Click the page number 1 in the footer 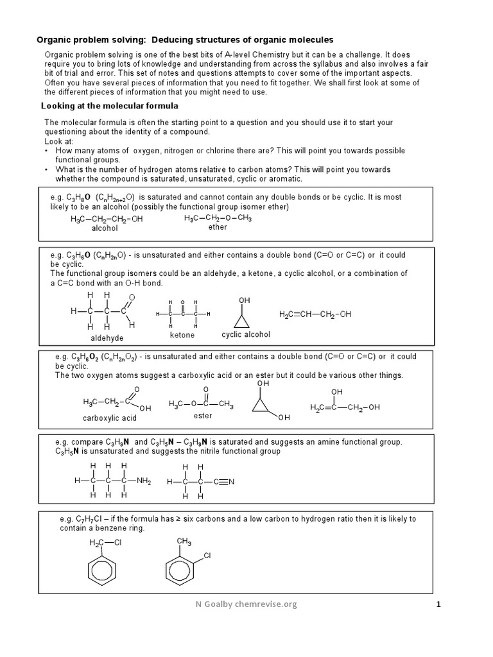[x=439, y=604]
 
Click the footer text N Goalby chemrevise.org [x=246, y=604]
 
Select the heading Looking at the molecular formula [x=110, y=106]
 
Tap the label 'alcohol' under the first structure [x=105, y=228]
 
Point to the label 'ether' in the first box [x=218, y=227]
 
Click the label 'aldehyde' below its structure [x=107, y=337]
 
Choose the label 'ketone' [x=182, y=335]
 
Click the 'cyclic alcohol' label [x=246, y=334]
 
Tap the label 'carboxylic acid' [x=110, y=418]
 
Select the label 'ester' [x=202, y=415]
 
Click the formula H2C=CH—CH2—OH [x=315, y=314]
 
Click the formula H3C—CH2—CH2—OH [x=107, y=219]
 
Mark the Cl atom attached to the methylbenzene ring [x=207, y=555]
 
